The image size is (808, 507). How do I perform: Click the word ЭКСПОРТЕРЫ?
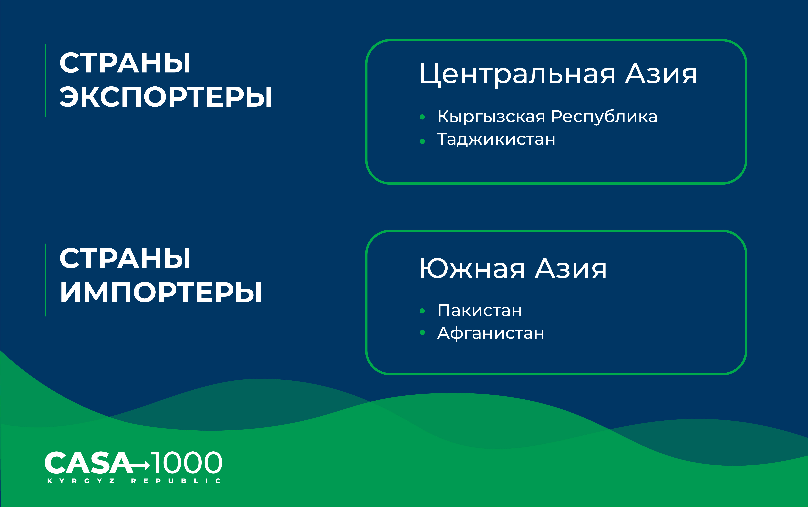coord(166,97)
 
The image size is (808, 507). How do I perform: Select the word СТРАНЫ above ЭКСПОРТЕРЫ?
coord(125,63)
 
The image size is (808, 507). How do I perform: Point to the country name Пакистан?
coord(480,310)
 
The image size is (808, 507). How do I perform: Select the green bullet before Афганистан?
coord(422,333)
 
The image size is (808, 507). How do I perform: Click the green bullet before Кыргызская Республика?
coord(422,117)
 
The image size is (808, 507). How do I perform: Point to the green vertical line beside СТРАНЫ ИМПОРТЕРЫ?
coord(45,280)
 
